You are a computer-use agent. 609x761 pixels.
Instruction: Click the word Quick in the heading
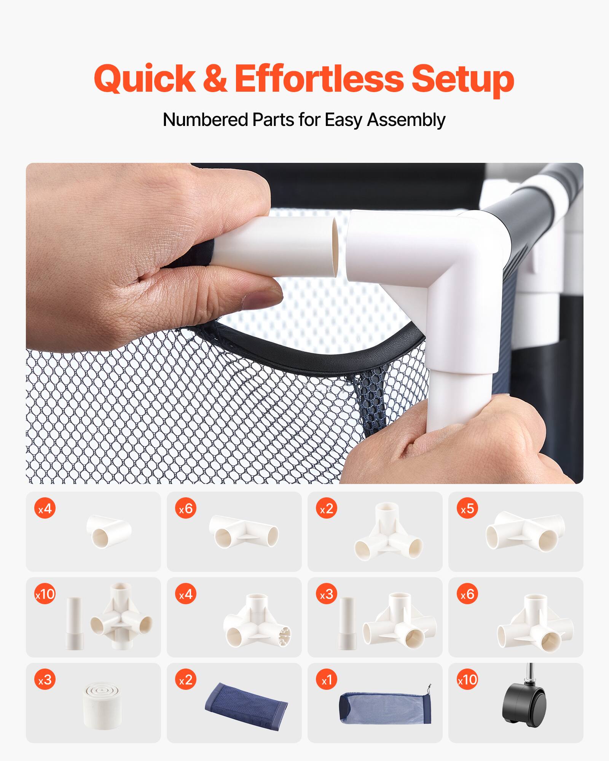[x=145, y=79]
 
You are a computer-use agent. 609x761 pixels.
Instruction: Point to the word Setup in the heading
[x=462, y=79]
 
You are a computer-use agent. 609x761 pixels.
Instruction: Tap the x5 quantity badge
[x=467, y=509]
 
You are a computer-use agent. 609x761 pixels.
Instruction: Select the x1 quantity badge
[x=327, y=680]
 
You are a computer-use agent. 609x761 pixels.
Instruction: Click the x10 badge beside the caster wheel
[x=467, y=680]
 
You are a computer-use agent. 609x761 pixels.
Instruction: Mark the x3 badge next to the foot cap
[x=45, y=680]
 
